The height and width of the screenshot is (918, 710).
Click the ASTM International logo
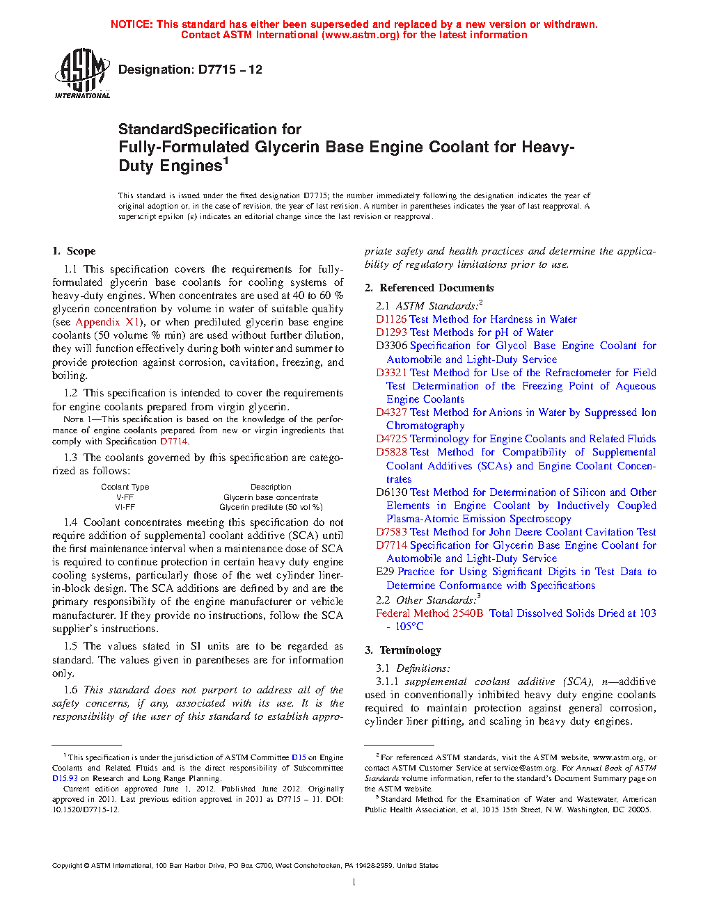(82, 73)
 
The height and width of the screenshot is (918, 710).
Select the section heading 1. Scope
(74, 251)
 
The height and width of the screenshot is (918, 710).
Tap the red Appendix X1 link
(107, 322)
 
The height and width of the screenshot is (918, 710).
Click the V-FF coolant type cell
(125, 497)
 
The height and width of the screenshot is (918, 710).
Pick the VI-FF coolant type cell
(125, 507)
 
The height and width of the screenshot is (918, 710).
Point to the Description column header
(271, 487)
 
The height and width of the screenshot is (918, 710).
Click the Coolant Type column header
(125, 487)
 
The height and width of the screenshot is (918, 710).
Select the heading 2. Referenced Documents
(429, 288)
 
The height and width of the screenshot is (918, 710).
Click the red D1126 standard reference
(391, 319)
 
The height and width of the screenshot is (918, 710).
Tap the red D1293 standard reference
(391, 332)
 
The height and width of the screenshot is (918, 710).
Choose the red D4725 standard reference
(391, 439)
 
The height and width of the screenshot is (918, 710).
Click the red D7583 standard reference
(391, 532)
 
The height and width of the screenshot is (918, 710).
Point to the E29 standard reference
(385, 572)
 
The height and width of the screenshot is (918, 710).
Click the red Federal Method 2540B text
(429, 613)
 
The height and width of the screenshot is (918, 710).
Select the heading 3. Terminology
(403, 650)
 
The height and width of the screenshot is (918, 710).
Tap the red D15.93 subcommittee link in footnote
(65, 778)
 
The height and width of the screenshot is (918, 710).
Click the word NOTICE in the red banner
(132, 24)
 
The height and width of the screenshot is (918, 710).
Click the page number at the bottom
(354, 882)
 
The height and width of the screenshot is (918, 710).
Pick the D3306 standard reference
(391, 346)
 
